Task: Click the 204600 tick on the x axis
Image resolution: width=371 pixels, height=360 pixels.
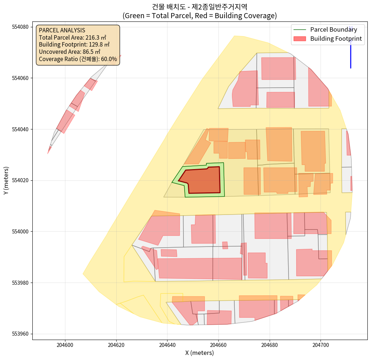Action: click(x=65, y=345)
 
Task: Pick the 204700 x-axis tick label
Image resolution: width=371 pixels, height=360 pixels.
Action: click(x=320, y=345)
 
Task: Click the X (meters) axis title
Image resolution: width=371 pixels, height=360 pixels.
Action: click(x=199, y=353)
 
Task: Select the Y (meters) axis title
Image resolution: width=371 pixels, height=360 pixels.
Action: click(x=6, y=181)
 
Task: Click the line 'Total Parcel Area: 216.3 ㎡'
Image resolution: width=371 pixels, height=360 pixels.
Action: click(x=72, y=37)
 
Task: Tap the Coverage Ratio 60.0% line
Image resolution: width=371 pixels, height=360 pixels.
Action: click(x=78, y=59)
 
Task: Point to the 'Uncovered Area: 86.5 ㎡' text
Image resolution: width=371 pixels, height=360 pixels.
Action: click(x=70, y=52)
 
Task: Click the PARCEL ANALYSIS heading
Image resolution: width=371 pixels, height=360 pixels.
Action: click(x=62, y=30)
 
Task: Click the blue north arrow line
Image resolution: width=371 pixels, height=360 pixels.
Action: click(x=351, y=55)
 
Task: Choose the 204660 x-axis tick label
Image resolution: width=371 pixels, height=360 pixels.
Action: click(x=218, y=345)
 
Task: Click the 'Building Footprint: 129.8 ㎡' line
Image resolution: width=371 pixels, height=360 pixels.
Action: click(x=74, y=45)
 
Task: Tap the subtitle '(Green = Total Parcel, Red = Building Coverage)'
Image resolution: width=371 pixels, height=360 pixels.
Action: click(x=199, y=16)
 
